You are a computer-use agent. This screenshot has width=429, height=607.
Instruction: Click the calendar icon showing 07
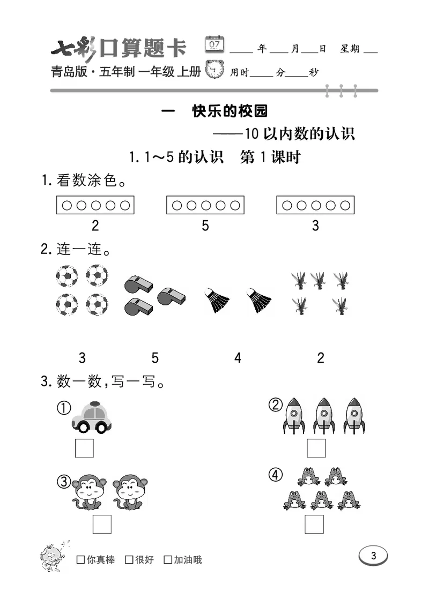[x=214, y=44]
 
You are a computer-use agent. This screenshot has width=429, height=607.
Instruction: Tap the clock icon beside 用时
[x=216, y=70]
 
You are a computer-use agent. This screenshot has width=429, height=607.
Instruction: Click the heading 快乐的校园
[x=230, y=111]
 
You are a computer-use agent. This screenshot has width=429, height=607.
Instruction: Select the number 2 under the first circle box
[x=95, y=226]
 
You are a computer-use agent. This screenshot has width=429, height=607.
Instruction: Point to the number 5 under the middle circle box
[x=205, y=226]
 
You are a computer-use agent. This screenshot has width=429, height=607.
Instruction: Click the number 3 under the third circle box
[x=315, y=226]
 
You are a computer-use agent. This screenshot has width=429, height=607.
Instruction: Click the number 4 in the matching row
[x=238, y=357]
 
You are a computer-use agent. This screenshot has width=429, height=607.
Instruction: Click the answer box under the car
[x=84, y=448]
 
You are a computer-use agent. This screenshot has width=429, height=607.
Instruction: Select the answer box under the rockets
[x=316, y=448]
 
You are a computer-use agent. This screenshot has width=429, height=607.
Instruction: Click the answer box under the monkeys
[x=102, y=524]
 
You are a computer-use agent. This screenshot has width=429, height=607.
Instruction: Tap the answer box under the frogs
[x=314, y=524]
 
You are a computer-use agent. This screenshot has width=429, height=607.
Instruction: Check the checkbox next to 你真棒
[x=81, y=560]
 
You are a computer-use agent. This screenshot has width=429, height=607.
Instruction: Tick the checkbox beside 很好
[x=129, y=560]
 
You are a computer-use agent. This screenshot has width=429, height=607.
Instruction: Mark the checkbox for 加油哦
[x=168, y=560]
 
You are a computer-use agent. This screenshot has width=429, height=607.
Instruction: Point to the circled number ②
[x=276, y=406]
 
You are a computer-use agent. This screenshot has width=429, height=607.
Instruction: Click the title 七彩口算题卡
[x=119, y=49]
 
